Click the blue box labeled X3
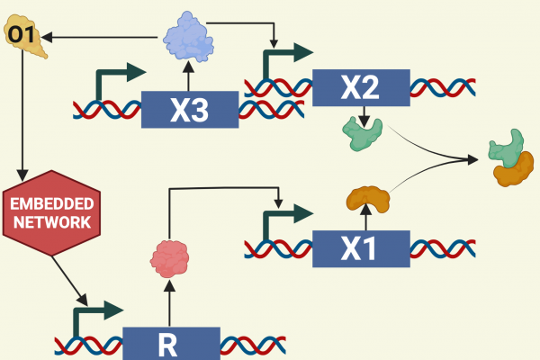coord(189,109)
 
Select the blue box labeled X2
coord(360,87)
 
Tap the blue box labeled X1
coord(360,247)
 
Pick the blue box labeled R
coord(170,343)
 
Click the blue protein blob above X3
coord(189,38)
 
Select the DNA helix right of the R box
coord(253,343)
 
